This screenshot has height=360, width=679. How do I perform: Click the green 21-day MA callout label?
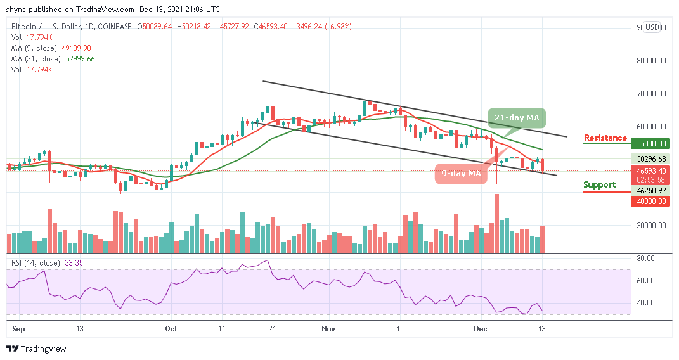click(x=517, y=118)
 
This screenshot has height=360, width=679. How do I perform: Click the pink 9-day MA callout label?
click(x=462, y=174)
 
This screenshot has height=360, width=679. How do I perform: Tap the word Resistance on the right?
click(x=605, y=138)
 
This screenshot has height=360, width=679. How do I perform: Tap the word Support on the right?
click(x=599, y=185)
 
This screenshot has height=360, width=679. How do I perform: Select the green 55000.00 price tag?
click(x=651, y=144)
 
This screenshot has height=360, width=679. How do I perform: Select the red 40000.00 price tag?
click(x=651, y=201)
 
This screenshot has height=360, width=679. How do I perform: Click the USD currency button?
click(x=652, y=27)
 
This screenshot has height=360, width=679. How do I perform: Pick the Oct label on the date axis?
click(x=171, y=330)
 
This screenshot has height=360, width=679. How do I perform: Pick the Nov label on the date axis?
click(x=328, y=330)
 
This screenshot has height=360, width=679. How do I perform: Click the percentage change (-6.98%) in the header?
click(x=337, y=27)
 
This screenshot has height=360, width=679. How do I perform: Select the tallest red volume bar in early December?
click(x=497, y=224)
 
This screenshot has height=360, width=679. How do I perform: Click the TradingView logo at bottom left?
click(x=36, y=349)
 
